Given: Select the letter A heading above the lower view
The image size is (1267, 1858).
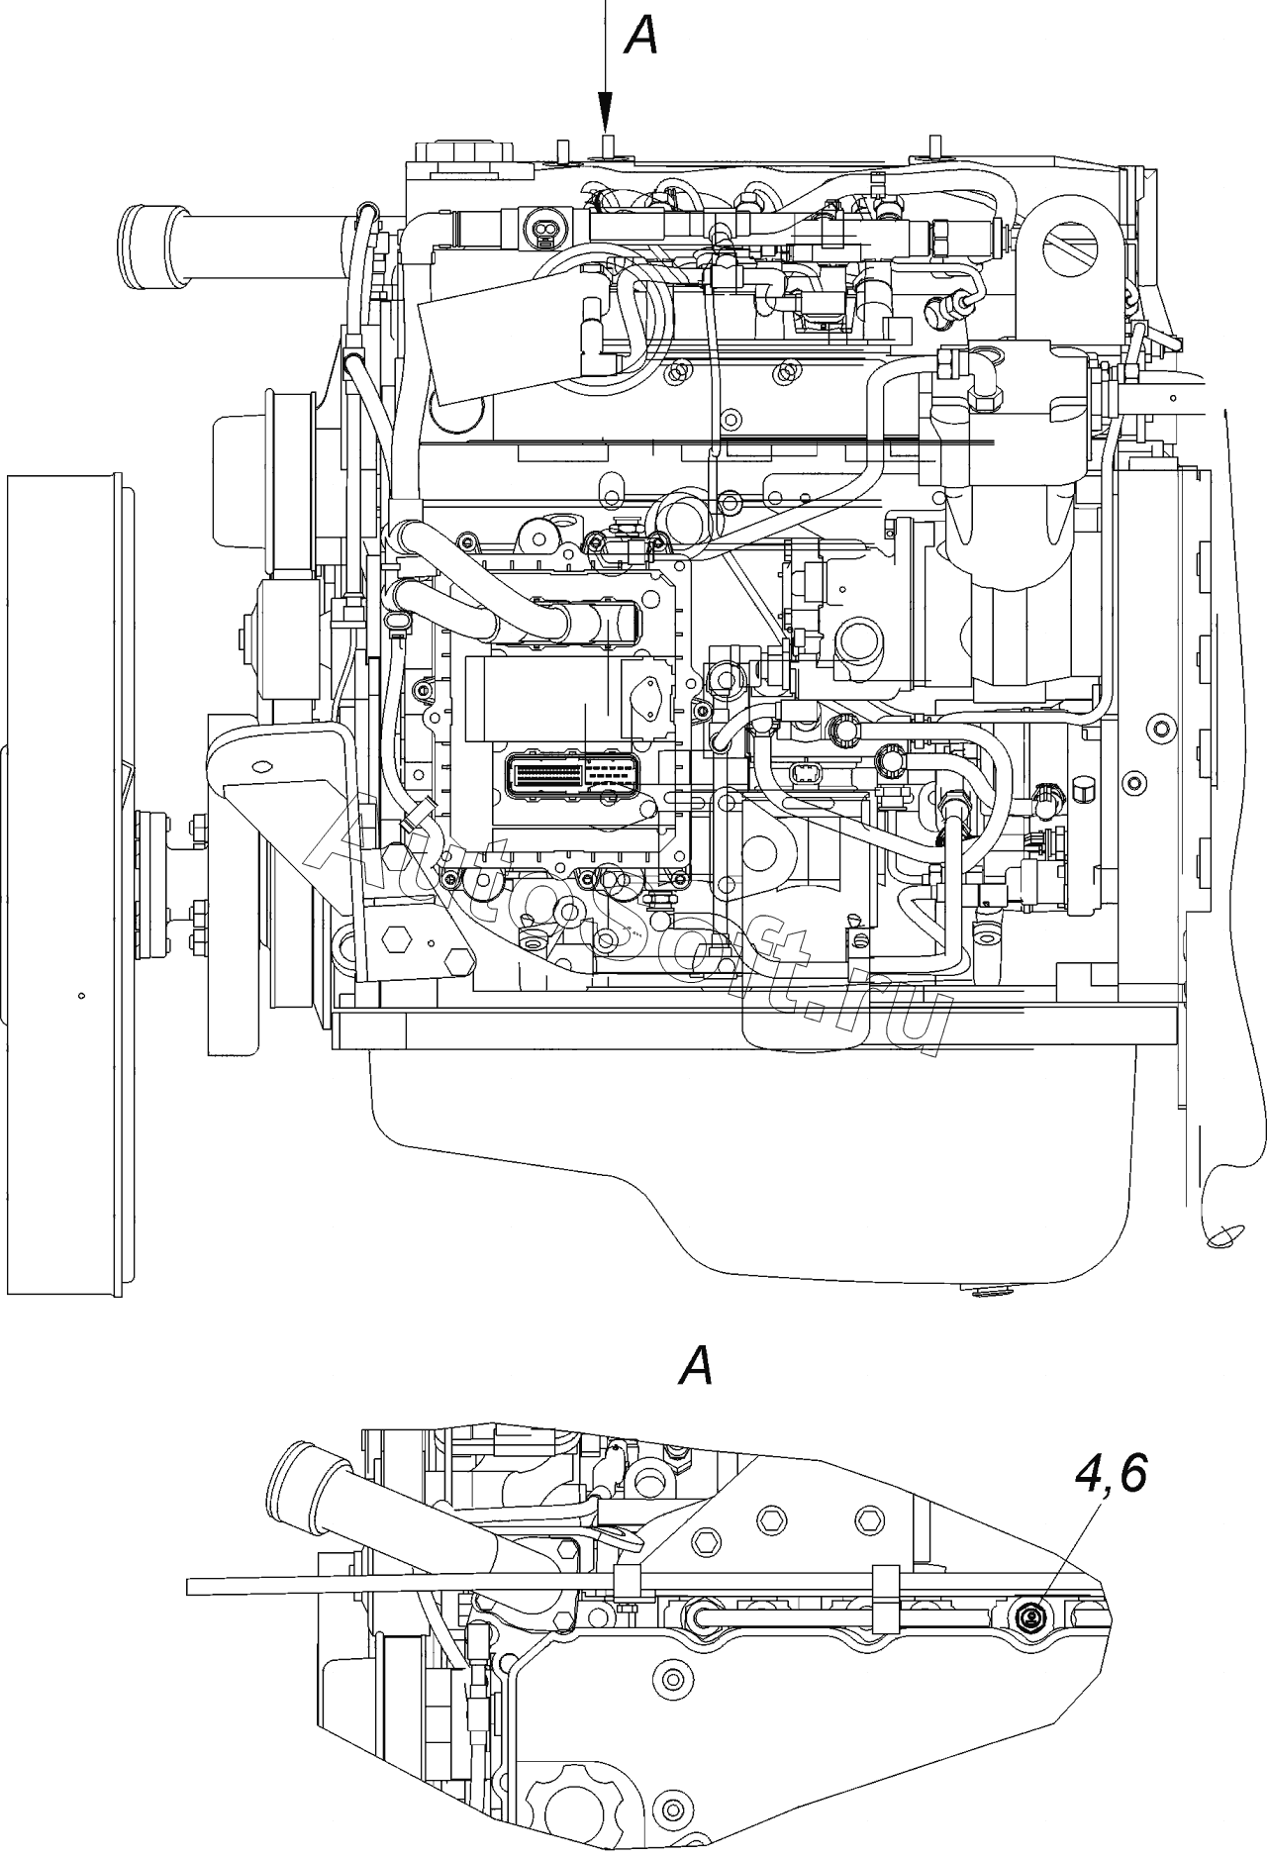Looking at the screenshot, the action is pyautogui.click(x=695, y=1367).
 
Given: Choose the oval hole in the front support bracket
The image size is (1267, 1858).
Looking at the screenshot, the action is pyautogui.click(x=262, y=766).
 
